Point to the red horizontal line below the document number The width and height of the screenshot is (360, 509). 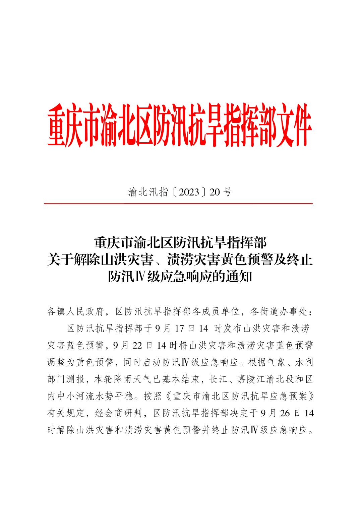pos(178,203)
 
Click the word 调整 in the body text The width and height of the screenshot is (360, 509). pos(57,362)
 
